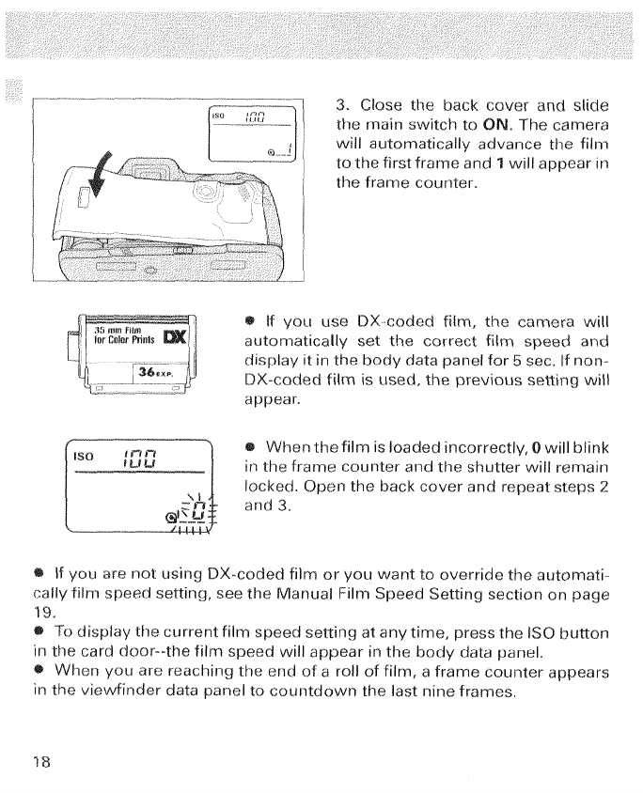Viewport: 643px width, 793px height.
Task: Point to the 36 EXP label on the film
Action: pyautogui.click(x=153, y=372)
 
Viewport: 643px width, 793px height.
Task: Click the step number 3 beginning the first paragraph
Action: pyautogui.click(x=341, y=103)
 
